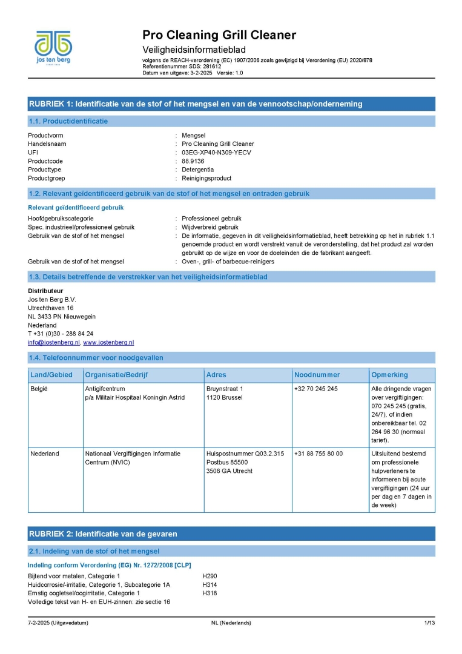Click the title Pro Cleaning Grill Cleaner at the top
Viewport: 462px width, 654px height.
tap(219, 35)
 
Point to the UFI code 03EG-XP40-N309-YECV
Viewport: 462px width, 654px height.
tap(216, 153)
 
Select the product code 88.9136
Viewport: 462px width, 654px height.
tap(194, 161)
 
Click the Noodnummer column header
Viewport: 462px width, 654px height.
tap(317, 375)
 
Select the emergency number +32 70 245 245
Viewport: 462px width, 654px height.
tap(316, 388)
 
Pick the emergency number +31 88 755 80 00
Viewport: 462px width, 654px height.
tap(318, 453)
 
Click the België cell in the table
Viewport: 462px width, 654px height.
tap(38, 388)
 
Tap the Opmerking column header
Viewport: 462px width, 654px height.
tap(390, 375)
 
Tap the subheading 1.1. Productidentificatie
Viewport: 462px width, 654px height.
tap(68, 121)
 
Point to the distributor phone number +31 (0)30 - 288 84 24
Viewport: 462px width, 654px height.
tap(61, 334)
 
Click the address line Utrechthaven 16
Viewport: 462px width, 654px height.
tap(51, 308)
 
